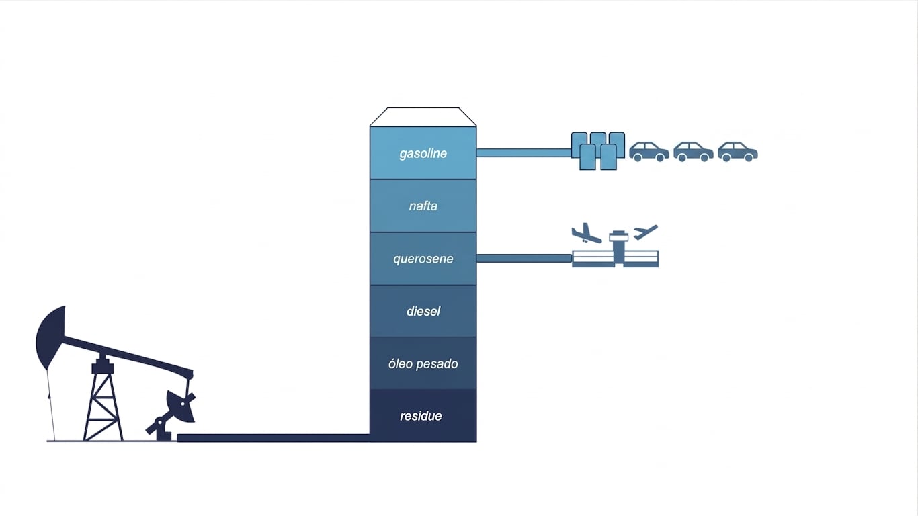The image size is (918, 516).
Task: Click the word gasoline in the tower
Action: coord(423,153)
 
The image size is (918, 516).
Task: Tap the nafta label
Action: coord(423,206)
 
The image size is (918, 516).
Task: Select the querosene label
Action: coord(423,259)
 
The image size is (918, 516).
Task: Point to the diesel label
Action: coord(423,312)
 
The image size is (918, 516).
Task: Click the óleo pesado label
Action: coord(423,364)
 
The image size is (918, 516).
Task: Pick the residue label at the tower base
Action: coord(421,416)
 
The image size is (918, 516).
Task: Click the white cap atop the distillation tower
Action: coord(423,117)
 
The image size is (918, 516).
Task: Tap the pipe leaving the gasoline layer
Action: coord(524,153)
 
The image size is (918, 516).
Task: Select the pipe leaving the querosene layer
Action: coord(524,258)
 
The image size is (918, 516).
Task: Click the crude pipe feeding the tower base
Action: coord(274,438)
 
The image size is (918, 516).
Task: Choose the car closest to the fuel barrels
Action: coord(649,152)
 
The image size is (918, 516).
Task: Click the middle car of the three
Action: coord(694,152)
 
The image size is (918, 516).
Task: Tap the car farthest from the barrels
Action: coord(738,152)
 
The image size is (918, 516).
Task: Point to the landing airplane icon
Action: coord(586,234)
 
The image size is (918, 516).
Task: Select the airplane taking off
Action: coord(645,232)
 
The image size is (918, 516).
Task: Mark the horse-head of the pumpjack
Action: coord(51,337)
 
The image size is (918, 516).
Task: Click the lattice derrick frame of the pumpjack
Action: coord(102,398)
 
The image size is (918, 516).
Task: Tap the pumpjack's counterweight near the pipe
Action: coord(180,406)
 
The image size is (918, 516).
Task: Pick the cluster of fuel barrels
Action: coord(598,150)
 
